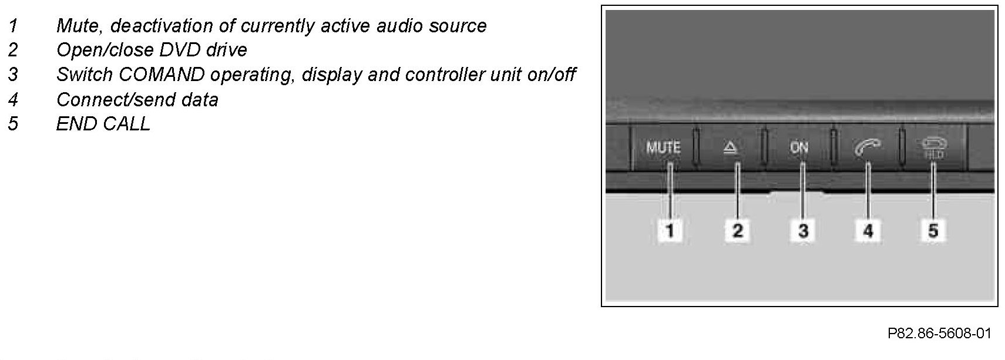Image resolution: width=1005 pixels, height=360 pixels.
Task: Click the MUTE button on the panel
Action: pos(663,148)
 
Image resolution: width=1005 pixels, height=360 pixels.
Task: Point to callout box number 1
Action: pos(670,230)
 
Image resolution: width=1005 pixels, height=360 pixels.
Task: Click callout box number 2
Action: pos(737,230)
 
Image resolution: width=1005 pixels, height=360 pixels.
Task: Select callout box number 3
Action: pos(803,230)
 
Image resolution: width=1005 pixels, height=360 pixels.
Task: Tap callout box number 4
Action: pos(868,230)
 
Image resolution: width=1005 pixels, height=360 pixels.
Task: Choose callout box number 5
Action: pos(933,230)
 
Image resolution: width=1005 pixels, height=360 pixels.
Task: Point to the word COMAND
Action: pos(162,75)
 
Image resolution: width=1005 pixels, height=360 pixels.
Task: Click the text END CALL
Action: pos(103,123)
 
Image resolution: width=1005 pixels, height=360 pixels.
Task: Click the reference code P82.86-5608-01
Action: pos(939,334)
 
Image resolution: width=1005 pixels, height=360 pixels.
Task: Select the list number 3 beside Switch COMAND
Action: pos(14,75)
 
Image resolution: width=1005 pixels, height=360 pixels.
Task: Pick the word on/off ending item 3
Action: pos(551,75)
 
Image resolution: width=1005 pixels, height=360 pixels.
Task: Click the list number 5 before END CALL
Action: pos(14,123)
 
